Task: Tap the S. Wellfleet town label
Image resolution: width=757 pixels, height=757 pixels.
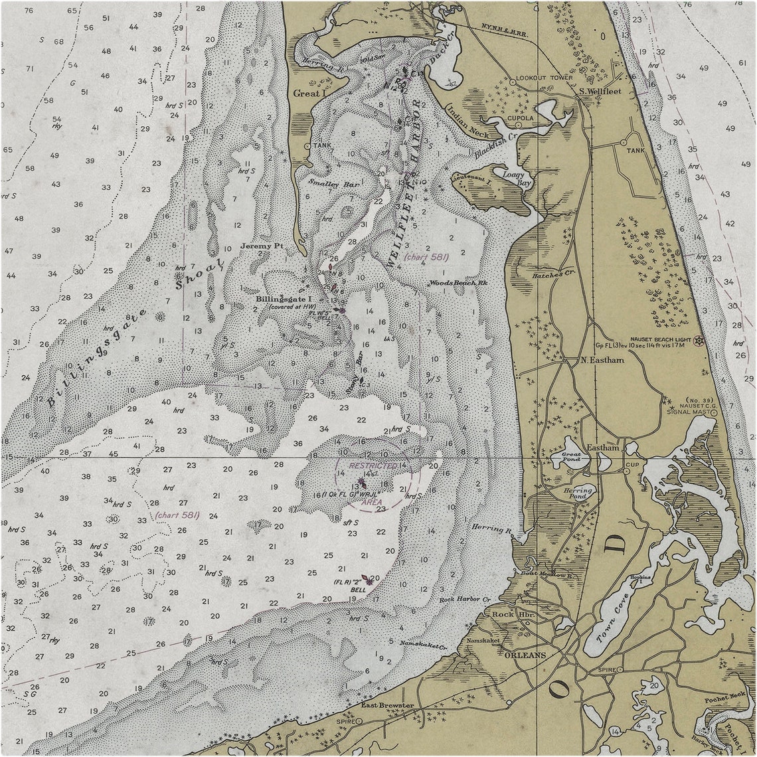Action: [600, 91]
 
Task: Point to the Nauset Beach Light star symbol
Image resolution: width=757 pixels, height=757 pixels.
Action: [698, 341]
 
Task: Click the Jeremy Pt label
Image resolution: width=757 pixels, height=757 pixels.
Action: [262, 246]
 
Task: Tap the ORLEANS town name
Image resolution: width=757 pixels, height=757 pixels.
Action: [525, 655]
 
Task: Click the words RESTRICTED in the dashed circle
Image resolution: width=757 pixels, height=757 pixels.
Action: [373, 467]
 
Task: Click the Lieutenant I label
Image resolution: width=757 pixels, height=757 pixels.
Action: [470, 179]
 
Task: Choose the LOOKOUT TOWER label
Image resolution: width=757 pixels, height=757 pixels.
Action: [544, 78]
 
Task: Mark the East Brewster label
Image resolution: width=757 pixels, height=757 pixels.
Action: [388, 705]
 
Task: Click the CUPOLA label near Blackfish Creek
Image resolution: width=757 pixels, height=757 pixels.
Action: [521, 118]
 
